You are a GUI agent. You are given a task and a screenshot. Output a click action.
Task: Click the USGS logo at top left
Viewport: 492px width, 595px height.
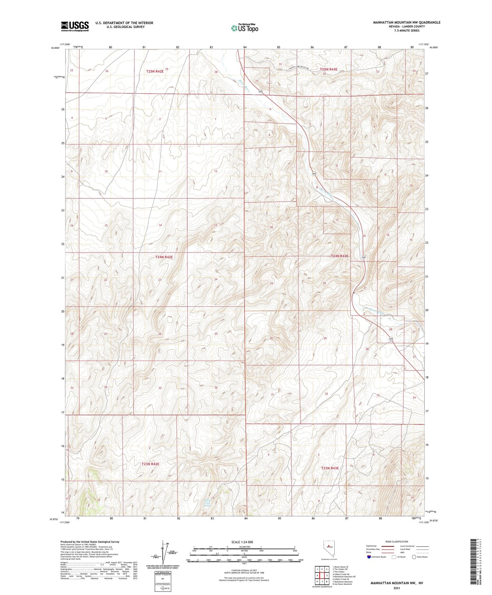[x=75, y=26]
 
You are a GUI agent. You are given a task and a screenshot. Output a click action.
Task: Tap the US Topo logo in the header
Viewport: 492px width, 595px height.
[x=244, y=28]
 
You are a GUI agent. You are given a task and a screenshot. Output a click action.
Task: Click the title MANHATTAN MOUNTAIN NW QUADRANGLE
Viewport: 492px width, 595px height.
[x=407, y=22]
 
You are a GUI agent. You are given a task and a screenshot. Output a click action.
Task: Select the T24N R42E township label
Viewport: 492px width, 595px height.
[x=162, y=257]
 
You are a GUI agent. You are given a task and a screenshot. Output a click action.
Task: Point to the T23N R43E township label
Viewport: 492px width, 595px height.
[x=330, y=468]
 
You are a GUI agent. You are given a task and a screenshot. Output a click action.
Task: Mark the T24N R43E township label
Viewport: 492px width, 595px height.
[x=339, y=256]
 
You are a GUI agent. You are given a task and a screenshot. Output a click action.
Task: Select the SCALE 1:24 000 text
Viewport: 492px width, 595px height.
[x=242, y=542]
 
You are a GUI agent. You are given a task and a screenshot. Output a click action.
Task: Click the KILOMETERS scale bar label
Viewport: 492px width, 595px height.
[x=244, y=547]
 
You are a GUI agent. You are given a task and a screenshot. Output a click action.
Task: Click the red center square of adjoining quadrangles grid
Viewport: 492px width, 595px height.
[x=321, y=576]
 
